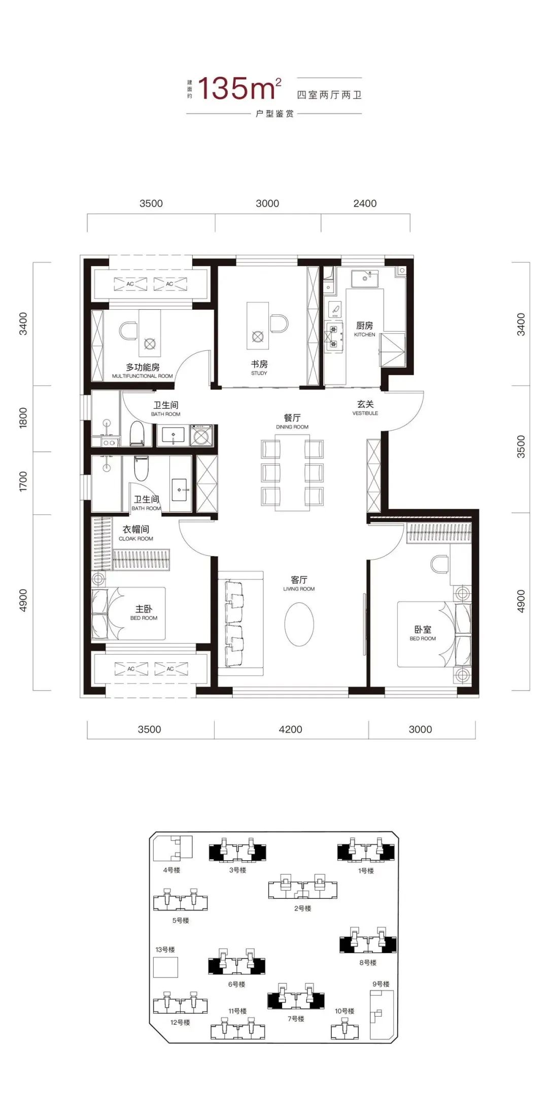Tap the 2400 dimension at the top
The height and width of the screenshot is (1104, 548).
tap(365, 204)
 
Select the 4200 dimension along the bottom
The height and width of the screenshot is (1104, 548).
tap(290, 730)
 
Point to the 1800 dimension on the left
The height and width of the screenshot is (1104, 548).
tap(23, 418)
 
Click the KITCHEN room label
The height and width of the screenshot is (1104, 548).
tap(364, 335)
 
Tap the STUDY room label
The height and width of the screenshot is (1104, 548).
tap(259, 373)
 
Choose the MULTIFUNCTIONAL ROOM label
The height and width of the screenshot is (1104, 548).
tap(143, 376)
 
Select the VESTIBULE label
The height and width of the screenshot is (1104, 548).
tap(365, 413)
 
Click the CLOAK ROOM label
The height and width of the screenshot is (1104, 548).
tap(136, 539)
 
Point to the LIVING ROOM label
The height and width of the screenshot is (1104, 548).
tap(299, 589)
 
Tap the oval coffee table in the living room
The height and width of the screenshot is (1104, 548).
tap(299, 624)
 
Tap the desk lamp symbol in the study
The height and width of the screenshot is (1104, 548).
tap(257, 336)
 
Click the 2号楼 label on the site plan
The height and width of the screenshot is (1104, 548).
tap(303, 908)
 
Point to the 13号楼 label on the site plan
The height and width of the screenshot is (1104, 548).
tap(165, 950)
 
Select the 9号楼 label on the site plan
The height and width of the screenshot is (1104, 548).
tap(381, 984)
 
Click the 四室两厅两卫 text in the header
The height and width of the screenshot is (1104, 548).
tap(329, 95)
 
